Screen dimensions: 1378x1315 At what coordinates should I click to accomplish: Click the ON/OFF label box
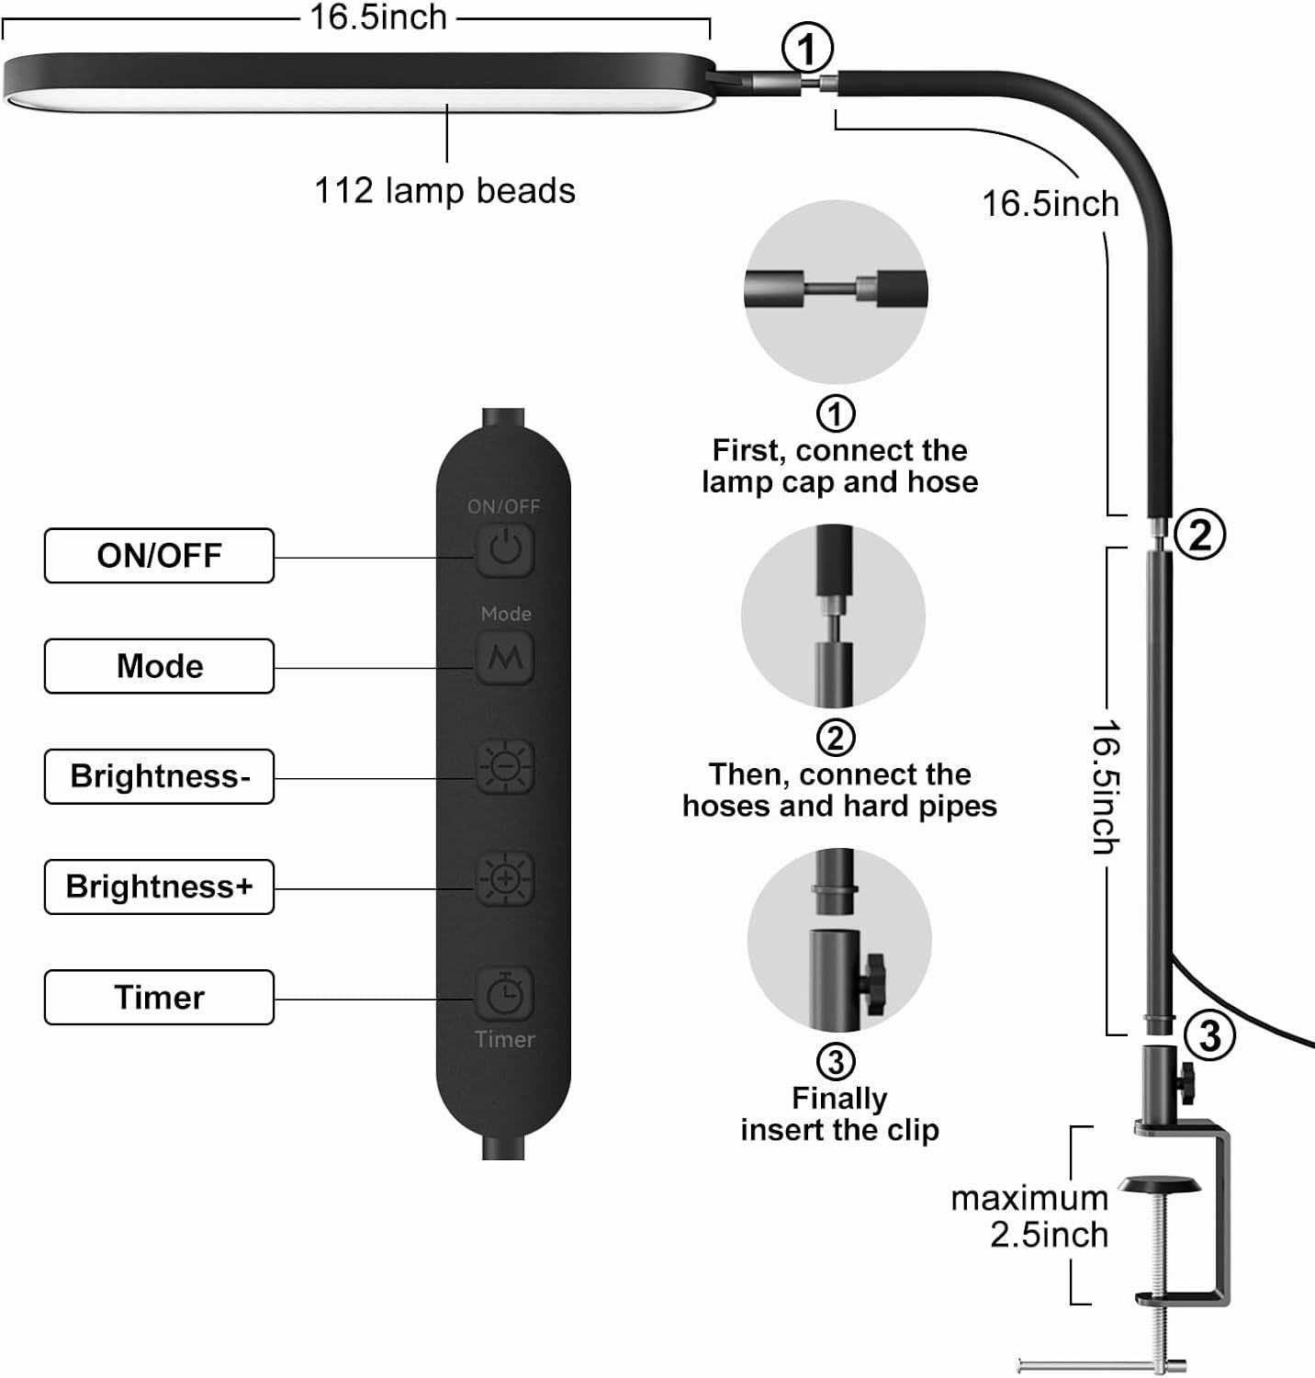[159, 556]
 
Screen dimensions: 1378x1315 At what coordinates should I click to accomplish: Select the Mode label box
[159, 666]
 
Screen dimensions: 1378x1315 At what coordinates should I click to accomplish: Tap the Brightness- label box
[159, 776]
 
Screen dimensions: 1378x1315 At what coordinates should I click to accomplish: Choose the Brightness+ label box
[159, 887]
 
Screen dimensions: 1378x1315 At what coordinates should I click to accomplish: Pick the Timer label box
[159, 997]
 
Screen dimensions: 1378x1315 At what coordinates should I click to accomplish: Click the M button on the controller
[505, 657]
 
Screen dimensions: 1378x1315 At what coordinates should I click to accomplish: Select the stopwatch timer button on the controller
[505, 992]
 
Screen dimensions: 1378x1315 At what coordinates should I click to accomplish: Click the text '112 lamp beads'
[444, 191]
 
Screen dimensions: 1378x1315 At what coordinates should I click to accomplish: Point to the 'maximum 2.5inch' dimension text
[1030, 1216]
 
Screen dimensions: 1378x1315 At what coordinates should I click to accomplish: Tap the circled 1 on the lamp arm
[807, 49]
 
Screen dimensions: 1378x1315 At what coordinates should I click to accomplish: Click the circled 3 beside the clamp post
[1209, 1036]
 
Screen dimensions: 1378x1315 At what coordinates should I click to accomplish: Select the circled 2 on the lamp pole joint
[1199, 535]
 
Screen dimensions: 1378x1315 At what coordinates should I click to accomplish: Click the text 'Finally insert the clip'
[839, 1114]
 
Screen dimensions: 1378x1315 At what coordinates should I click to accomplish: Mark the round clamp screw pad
[1160, 1185]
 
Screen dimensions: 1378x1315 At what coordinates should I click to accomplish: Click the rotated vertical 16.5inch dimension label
[1106, 787]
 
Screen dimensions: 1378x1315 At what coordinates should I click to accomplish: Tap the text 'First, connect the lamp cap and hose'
[839, 466]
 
